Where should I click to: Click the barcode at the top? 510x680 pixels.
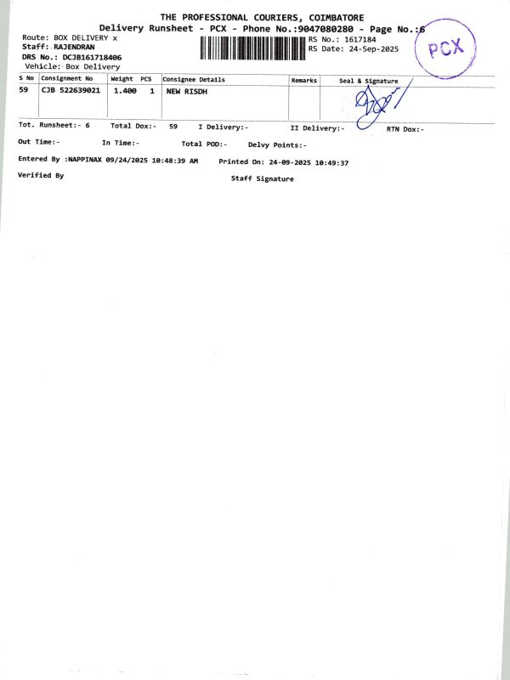point(253,47)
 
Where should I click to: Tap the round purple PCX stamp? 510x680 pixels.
point(445,48)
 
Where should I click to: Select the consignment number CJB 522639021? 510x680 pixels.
point(71,90)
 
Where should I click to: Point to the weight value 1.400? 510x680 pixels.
point(125,90)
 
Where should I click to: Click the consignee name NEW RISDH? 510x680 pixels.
point(186,90)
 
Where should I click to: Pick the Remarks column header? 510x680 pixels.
point(303,80)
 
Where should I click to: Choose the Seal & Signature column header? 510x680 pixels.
point(368,81)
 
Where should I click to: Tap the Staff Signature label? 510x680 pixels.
point(262,179)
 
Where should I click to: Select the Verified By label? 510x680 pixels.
point(41,175)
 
